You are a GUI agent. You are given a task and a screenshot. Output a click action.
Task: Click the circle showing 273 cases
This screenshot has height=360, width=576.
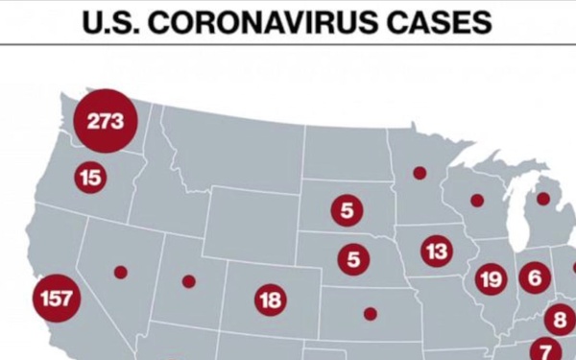106,122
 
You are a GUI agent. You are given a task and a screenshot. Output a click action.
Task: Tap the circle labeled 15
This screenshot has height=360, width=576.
90,178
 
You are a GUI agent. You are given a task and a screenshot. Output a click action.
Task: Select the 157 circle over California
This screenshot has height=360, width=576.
56,298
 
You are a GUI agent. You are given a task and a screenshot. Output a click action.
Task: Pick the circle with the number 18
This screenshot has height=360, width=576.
271,300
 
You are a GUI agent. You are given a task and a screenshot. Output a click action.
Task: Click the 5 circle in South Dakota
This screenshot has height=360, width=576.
347,210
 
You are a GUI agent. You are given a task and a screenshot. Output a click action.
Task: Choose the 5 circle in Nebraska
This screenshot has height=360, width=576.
353,258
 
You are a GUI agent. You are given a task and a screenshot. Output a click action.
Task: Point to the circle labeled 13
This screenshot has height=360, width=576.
437,252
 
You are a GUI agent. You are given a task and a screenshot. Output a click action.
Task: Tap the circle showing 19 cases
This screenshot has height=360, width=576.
491,279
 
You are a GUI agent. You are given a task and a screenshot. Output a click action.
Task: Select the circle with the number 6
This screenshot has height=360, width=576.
535,278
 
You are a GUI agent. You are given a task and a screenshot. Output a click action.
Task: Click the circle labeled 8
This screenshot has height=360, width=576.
561,319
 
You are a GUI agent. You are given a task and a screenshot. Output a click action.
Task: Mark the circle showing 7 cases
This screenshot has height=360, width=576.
545,351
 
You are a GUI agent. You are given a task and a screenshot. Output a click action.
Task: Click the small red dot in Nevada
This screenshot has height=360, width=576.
120,272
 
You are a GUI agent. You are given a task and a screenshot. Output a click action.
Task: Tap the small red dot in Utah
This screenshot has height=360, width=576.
188,281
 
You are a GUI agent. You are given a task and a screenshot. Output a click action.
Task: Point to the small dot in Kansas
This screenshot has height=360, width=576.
371,313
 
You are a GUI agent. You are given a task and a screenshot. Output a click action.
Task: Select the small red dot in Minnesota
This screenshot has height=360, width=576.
420,174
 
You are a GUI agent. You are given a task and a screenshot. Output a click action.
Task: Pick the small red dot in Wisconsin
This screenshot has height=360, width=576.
476,201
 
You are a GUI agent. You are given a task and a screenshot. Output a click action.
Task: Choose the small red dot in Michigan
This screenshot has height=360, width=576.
542,199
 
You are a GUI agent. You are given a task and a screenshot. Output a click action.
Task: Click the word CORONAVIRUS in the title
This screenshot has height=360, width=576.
275,21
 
